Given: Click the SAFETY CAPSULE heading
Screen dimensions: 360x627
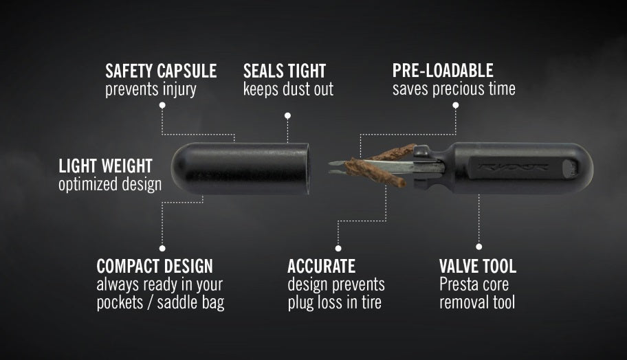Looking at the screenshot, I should tap(161, 70).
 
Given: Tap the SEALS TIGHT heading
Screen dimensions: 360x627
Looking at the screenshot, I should tap(285, 70).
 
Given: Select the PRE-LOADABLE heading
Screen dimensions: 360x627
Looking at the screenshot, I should tap(443, 70).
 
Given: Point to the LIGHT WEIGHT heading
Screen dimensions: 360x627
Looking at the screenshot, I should tap(105, 166).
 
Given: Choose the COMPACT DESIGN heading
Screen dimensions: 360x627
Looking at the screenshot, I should tap(155, 266).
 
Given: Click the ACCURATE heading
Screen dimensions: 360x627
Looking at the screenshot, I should tap(321, 266).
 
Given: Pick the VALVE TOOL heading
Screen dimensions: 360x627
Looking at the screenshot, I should tap(478, 266).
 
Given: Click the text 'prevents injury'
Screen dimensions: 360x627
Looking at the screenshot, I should tap(151, 89).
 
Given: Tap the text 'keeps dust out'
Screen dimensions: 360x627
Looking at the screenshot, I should tap(288, 89).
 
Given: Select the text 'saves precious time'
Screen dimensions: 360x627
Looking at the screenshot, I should tap(454, 89).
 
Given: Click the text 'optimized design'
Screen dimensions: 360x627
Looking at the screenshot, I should tap(110, 184).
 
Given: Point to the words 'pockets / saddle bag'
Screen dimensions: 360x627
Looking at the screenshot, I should tap(160, 302).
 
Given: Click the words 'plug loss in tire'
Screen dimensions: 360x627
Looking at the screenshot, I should tap(334, 302).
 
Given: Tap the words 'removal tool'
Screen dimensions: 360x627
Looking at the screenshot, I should tap(477, 302).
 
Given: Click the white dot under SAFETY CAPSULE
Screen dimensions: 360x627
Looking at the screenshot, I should tap(162, 105).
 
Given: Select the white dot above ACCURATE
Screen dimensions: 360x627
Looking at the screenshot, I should tap(338, 247).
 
